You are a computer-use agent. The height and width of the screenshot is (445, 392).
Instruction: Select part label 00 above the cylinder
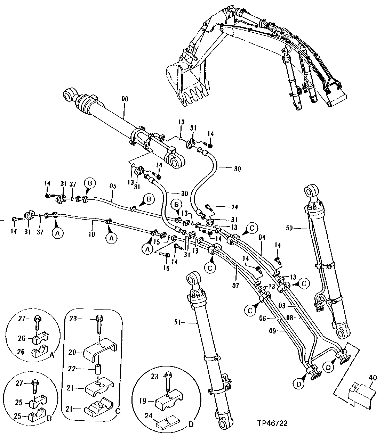125,99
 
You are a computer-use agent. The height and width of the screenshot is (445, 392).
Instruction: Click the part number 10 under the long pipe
92,235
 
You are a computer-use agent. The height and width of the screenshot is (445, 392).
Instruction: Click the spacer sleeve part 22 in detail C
98,368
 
